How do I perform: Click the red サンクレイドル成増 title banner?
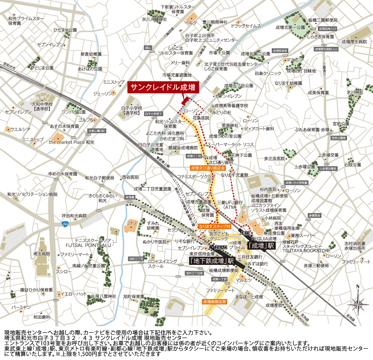pyautogui.click(x=163, y=87)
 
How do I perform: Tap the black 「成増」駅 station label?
pyautogui.click(x=261, y=245)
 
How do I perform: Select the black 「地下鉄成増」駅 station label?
pyautogui.click(x=212, y=261)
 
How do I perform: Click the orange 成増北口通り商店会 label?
pyautogui.click(x=208, y=167)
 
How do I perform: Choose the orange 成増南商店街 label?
pyautogui.click(x=215, y=301)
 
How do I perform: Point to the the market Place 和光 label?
pyautogui.click(x=72, y=142)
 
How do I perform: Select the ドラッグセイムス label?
pyautogui.click(x=246, y=26)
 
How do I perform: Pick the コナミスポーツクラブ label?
pyautogui.click(x=196, y=176)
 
